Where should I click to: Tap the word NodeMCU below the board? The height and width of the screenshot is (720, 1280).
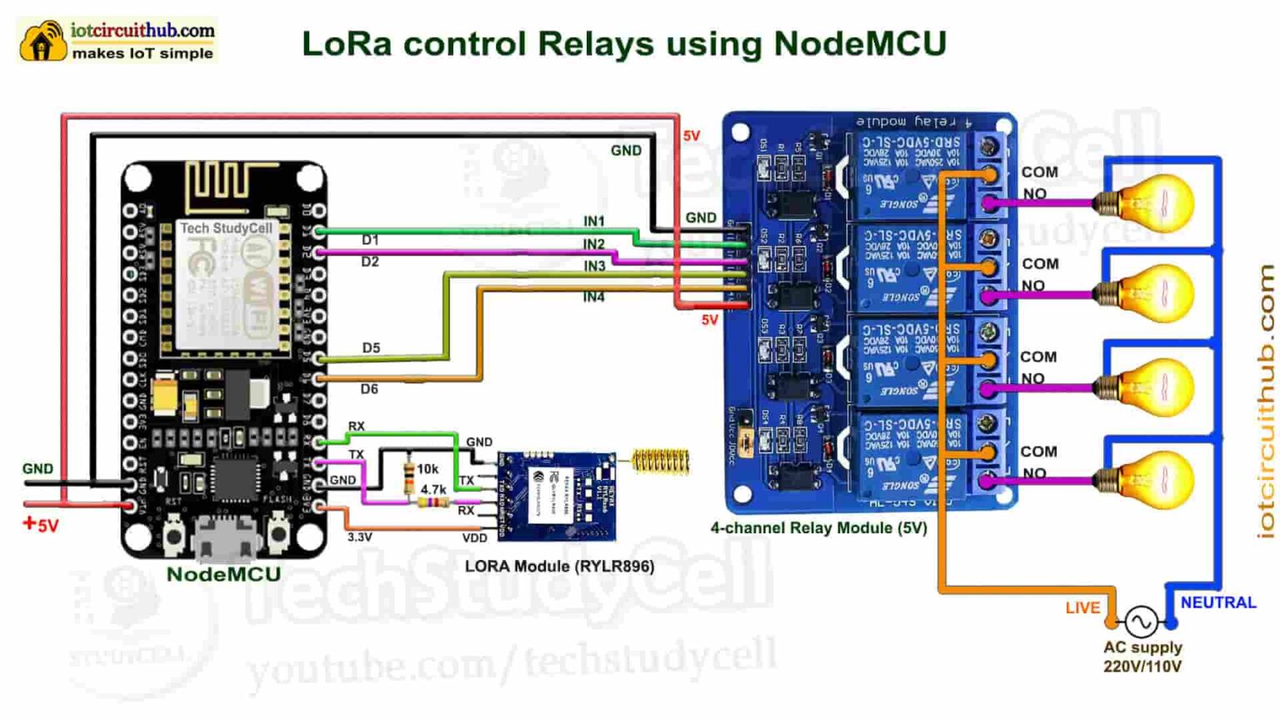pyautogui.click(x=223, y=574)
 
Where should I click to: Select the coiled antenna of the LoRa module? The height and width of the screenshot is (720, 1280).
pyautogui.click(x=661, y=461)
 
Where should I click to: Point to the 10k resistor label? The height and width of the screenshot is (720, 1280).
pyautogui.click(x=427, y=469)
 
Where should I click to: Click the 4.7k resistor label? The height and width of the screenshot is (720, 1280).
pyautogui.click(x=433, y=490)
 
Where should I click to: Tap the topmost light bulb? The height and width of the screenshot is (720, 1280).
pyautogui.click(x=1153, y=202)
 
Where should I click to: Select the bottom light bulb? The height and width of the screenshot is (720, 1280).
pyautogui.click(x=1153, y=479)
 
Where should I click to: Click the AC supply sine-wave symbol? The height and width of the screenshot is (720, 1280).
pyautogui.click(x=1141, y=621)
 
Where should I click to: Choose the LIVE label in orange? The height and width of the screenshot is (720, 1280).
pyautogui.click(x=1082, y=608)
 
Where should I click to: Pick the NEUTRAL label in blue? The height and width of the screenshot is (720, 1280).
pyautogui.click(x=1217, y=602)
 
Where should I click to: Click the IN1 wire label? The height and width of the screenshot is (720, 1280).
pyautogui.click(x=594, y=221)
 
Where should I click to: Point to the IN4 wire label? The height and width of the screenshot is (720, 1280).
pyautogui.click(x=593, y=297)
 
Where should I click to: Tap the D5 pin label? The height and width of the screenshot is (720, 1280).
pyautogui.click(x=371, y=347)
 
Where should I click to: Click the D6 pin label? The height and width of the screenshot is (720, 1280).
pyautogui.click(x=369, y=388)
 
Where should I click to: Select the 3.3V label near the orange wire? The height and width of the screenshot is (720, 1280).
pyautogui.click(x=360, y=537)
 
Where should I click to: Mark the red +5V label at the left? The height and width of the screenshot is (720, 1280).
pyautogui.click(x=41, y=525)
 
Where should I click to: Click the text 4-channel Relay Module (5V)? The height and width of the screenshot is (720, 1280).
pyautogui.click(x=818, y=527)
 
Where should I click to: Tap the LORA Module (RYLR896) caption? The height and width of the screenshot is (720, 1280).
pyautogui.click(x=559, y=567)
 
